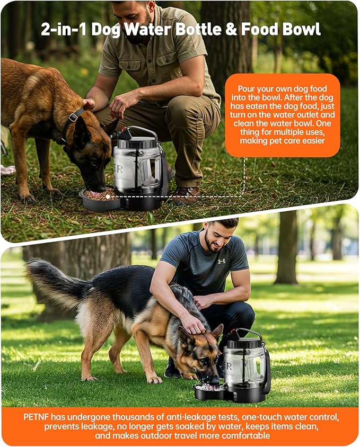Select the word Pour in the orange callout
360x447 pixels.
pyautogui.click(x=247, y=89)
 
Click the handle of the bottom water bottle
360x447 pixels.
pyautogui.click(x=245, y=334)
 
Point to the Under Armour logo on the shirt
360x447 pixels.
pyautogui.click(x=221, y=261)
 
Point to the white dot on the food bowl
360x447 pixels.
pyautogui.click(x=107, y=196)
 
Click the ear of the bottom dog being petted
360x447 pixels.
pyautogui.click(x=216, y=332)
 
